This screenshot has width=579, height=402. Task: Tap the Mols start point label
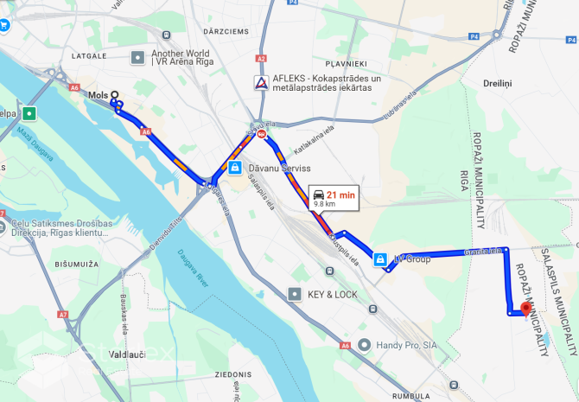pyautogui.click(x=99, y=95)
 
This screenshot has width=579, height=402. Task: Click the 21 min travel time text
pyautogui.click(x=340, y=195)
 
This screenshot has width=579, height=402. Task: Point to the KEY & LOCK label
pyautogui.click(x=332, y=294)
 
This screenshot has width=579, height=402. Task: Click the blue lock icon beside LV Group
pyautogui.click(x=379, y=258)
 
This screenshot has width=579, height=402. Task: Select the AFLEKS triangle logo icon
pyautogui.click(x=260, y=83)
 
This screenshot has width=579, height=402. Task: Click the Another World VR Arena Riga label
pyautogui.click(x=180, y=57)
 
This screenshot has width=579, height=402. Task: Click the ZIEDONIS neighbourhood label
pyautogui.click(x=233, y=375)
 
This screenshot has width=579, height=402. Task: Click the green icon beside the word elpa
pyautogui.click(x=30, y=113)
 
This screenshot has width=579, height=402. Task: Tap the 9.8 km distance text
pyautogui.click(x=325, y=205)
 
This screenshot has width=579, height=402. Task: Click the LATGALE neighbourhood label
pyautogui.click(x=89, y=55)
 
